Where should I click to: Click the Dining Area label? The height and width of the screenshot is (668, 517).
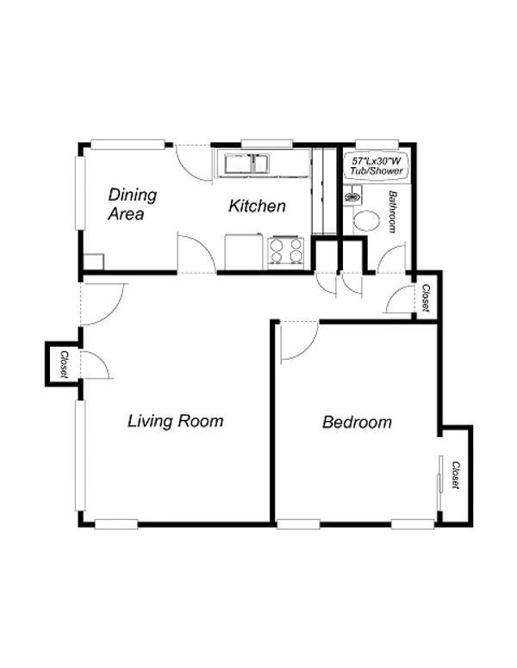[132, 204]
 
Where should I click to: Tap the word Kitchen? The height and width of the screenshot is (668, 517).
[257, 207]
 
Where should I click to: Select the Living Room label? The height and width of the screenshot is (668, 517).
[175, 421]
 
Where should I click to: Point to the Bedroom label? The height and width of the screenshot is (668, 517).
[357, 422]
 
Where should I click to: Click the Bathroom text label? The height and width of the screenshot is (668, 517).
[392, 212]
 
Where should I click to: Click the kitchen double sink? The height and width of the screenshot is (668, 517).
[247, 164]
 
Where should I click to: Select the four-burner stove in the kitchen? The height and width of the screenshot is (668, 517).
[285, 252]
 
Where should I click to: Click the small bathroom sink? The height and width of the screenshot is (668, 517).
[352, 197]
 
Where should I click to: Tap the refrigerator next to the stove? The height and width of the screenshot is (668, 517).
[243, 251]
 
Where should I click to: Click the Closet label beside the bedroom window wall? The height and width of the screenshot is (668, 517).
[456, 475]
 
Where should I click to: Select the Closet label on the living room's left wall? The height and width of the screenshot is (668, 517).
[65, 365]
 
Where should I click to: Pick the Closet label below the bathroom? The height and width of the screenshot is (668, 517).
[426, 297]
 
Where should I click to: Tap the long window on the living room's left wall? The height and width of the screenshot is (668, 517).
[80, 455]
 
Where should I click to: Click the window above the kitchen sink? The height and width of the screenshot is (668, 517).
[266, 144]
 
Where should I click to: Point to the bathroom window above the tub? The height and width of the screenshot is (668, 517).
[377, 144]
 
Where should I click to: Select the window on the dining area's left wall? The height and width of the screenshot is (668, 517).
[80, 194]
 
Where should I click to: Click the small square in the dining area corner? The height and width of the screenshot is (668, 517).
[93, 262]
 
